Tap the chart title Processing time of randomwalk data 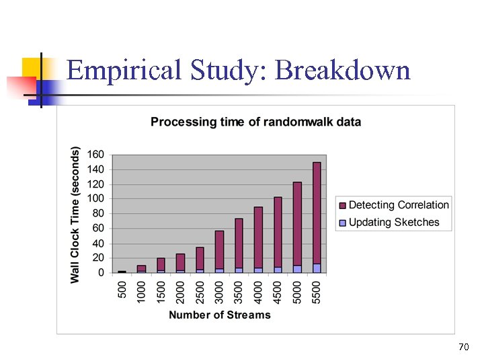[255, 122]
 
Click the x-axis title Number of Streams [219, 315]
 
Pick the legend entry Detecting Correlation [399, 205]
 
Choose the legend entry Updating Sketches [394, 223]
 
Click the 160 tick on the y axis [95, 155]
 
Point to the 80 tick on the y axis [98, 214]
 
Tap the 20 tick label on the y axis [98, 258]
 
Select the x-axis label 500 [122, 290]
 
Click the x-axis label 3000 [219, 290]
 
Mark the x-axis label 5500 [317, 290]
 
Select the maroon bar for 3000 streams [219, 249]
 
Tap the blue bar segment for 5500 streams [317, 268]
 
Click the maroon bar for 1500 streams [161, 264]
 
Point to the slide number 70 [463, 347]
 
